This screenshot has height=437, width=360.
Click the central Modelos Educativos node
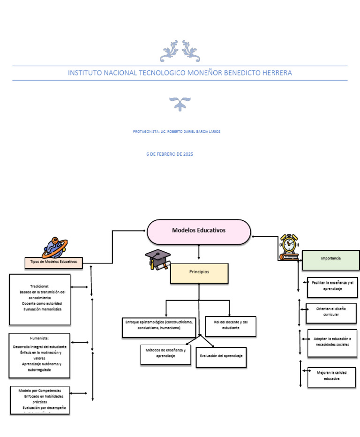click(199, 231)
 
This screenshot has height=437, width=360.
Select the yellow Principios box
click(199, 272)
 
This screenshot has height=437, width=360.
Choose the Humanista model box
click(39, 355)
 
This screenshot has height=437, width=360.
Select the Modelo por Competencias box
click(40, 400)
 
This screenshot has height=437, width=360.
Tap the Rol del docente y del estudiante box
click(231, 326)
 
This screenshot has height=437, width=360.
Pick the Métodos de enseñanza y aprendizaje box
click(165, 354)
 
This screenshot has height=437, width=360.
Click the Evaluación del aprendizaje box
click(221, 357)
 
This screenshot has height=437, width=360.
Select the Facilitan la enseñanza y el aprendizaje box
click(332, 287)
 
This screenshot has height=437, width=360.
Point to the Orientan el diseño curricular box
click(331, 313)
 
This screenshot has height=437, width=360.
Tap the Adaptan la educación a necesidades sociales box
click(332, 343)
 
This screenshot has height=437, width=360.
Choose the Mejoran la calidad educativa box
click(331, 377)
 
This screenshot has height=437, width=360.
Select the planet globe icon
click(54, 247)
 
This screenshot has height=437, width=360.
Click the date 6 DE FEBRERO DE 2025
click(170, 154)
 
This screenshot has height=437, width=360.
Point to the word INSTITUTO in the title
click(85, 73)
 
